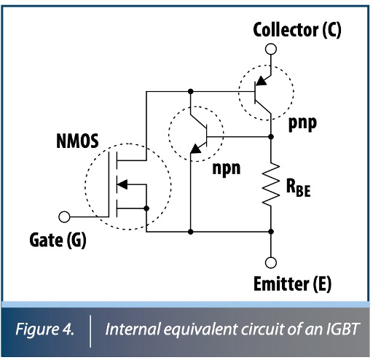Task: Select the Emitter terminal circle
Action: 270,263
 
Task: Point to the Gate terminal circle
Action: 65,216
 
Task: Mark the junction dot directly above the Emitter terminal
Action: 270,232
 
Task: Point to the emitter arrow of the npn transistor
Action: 195,149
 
